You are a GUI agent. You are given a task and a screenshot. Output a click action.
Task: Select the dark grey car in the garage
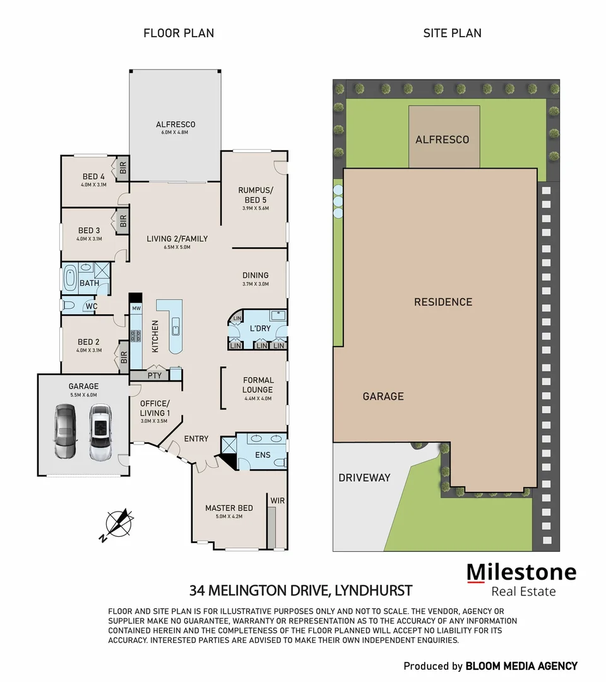click(x=66, y=432)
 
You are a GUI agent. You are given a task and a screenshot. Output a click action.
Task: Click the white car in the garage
click(x=100, y=432)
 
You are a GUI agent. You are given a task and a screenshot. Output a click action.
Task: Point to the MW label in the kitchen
click(x=136, y=308)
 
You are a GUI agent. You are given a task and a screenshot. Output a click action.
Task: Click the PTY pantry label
click(x=155, y=375)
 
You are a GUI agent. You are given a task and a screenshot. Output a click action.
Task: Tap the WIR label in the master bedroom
click(x=277, y=500)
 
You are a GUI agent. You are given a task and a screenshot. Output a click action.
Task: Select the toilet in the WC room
click(x=69, y=306)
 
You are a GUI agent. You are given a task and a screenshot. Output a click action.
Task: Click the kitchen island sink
click(x=175, y=326)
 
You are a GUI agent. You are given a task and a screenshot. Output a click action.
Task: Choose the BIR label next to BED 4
click(x=122, y=169)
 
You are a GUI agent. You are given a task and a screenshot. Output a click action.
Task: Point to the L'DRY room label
click(x=259, y=329)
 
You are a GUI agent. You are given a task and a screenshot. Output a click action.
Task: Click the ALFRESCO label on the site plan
click(x=442, y=140)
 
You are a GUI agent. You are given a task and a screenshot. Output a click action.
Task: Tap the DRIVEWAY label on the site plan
click(x=364, y=477)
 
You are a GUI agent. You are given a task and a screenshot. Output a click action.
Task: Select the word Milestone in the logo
click(x=521, y=572)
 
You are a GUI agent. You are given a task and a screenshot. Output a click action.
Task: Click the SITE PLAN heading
click(x=452, y=33)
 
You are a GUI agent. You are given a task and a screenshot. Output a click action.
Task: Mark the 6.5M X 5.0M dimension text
click(x=177, y=248)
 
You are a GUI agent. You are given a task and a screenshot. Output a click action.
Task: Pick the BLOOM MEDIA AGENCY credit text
click(x=521, y=666)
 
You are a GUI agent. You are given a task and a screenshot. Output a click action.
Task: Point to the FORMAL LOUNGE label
click(x=258, y=385)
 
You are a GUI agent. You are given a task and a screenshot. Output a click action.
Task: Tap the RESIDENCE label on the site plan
click(x=443, y=302)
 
